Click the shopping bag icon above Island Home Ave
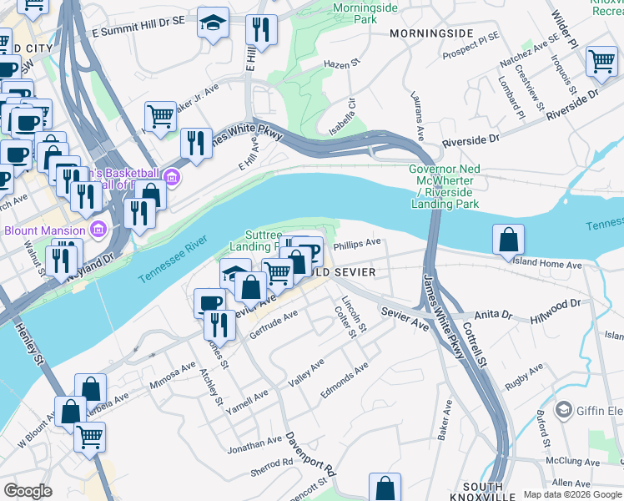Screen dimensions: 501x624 point(508,240)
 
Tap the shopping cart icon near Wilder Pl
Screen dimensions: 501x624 point(601,62)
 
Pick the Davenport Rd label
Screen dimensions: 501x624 point(309,453)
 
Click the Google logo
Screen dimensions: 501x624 point(28,491)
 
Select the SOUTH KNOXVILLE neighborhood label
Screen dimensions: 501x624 point(482,492)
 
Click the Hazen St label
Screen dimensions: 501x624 point(340,63)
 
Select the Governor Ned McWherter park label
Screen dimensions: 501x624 point(444,186)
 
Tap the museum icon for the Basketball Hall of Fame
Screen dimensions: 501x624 point(172,176)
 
